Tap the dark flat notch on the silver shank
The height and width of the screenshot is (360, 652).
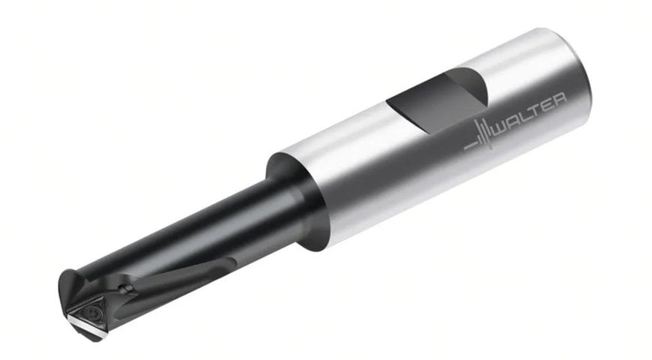coord(437,102)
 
